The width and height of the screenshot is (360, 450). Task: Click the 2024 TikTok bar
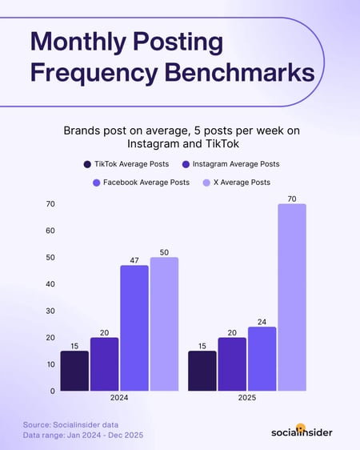(74, 371)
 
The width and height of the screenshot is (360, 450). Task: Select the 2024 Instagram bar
(104, 364)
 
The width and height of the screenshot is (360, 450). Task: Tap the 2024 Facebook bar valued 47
(134, 328)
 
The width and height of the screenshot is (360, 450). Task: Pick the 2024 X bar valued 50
(164, 324)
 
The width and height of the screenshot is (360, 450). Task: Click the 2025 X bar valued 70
(292, 298)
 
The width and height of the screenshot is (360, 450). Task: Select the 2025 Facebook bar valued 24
(262, 359)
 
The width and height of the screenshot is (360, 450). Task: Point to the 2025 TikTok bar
(202, 371)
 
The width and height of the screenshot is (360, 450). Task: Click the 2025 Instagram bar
(232, 364)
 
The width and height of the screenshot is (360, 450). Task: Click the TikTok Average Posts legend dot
(86, 164)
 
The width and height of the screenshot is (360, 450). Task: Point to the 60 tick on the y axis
(50, 231)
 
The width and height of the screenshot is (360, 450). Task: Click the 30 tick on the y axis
(50, 311)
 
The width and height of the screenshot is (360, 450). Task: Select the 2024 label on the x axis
(119, 397)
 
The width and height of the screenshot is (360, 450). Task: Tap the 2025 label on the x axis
(246, 397)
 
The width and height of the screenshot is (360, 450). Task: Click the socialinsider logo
(302, 432)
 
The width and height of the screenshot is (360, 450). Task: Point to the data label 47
(134, 260)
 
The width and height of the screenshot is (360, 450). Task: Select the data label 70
(292, 198)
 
